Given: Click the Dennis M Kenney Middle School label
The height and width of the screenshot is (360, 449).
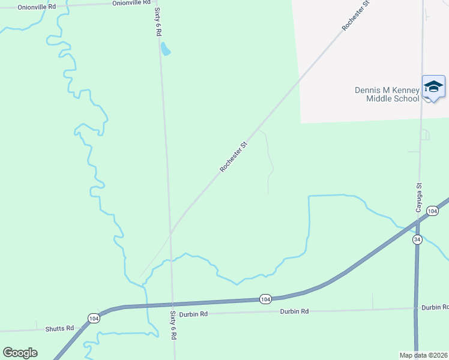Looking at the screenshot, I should click(387, 94).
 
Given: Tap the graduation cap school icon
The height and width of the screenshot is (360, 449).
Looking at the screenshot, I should click(433, 88).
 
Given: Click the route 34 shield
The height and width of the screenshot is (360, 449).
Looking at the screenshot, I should click(417, 239).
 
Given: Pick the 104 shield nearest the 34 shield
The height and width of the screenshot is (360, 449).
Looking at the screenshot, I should click(432, 211).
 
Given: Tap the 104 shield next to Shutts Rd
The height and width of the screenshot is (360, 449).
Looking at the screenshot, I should click(93, 319).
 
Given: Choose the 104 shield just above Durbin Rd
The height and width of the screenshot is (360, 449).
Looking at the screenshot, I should click(265, 298).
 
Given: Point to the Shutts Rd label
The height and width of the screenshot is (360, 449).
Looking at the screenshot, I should click(59, 329).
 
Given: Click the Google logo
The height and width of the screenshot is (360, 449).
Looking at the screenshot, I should click(20, 353).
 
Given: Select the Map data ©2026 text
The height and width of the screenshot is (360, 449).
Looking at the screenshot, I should click(424, 355).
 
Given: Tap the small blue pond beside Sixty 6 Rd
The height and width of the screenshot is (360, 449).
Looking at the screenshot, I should click(166, 49).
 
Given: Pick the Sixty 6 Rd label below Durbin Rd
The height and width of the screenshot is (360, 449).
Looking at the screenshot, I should click(173, 326).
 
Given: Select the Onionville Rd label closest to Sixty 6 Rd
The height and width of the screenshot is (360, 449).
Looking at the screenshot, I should click(131, 3).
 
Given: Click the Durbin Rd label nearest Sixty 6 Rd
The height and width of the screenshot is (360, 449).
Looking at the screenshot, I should click(195, 314).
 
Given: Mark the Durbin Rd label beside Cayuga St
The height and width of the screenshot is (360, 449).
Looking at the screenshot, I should click(435, 307).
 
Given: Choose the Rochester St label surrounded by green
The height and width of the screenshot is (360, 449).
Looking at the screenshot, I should click(234, 157).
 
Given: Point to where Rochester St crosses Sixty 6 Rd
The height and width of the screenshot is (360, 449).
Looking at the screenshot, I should click(171, 232).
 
